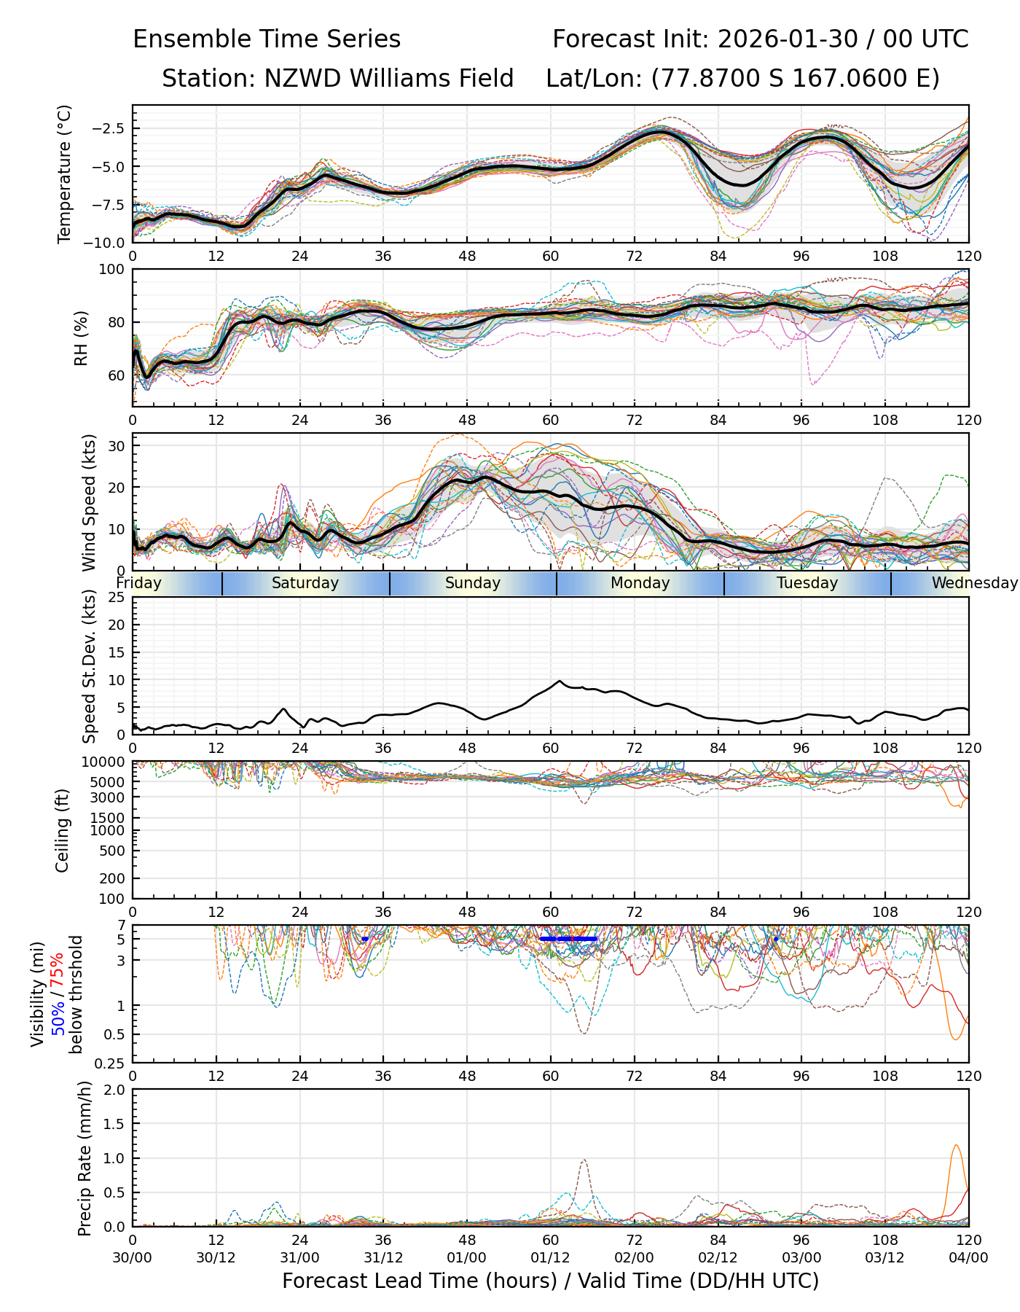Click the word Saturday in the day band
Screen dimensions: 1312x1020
point(305,583)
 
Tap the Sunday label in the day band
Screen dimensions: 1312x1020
point(473,583)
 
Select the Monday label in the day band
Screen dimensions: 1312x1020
point(640,583)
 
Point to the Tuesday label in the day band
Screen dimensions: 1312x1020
point(807,583)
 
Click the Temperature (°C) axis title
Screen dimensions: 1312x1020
point(65,173)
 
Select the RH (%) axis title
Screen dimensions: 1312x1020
point(81,338)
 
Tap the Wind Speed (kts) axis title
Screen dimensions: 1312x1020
point(89,502)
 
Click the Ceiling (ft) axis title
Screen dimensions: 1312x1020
point(63,830)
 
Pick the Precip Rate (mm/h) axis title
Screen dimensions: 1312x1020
point(85,1158)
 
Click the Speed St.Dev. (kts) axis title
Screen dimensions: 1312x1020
point(89,666)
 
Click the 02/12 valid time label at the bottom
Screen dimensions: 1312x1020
point(718,1257)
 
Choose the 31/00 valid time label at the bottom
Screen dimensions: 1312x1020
point(299,1257)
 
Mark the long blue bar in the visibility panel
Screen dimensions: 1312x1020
point(568,939)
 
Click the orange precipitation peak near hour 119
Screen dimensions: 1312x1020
point(956,1145)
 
